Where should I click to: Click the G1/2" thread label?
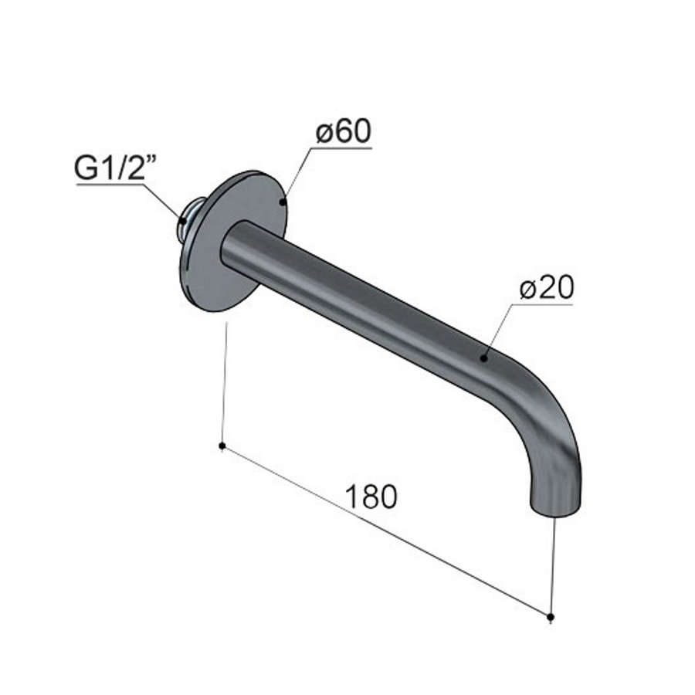(113, 169)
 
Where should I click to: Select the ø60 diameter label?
(342, 132)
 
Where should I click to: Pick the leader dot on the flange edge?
(283, 202)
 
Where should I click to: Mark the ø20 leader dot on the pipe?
(483, 357)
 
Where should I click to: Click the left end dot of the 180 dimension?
(222, 446)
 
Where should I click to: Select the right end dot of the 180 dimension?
(550, 616)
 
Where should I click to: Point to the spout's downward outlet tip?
(554, 507)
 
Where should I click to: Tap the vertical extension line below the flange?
(224, 386)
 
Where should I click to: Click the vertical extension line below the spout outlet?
(553, 564)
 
